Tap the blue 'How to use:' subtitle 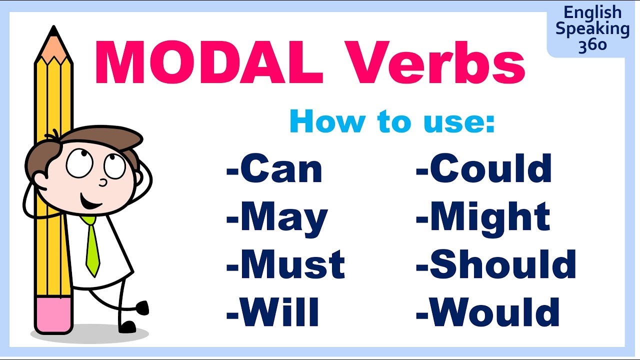pos(392,121)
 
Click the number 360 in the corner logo pos(592,45)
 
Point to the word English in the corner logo pos(592,13)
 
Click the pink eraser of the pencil pos(53,315)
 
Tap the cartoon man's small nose pos(104,182)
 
